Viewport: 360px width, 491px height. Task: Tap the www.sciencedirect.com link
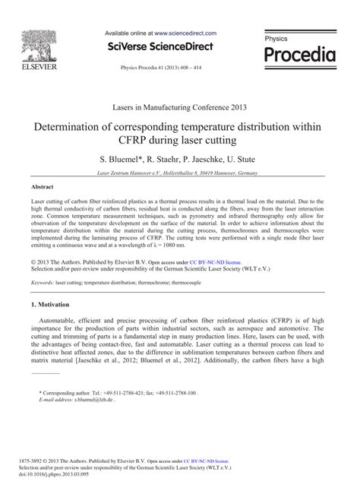tap(185, 33)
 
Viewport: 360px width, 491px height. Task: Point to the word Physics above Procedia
tap(276, 37)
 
